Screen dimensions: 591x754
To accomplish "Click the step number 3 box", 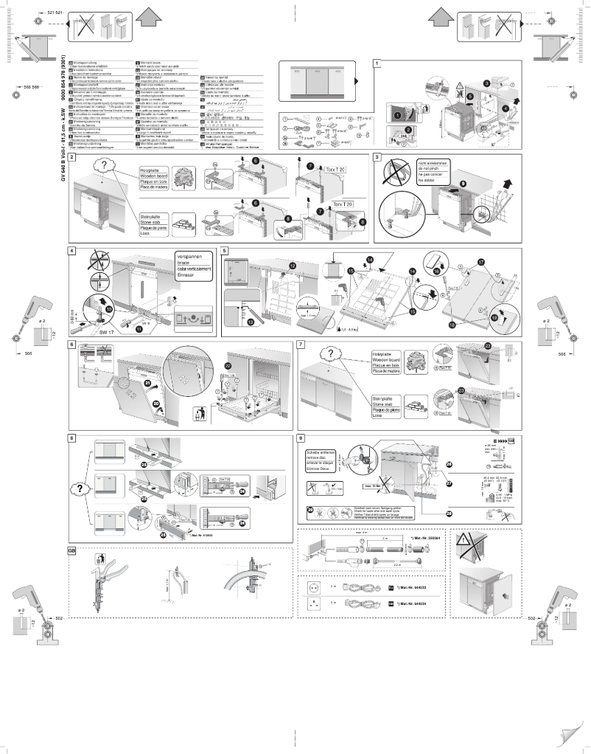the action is (x=377, y=157).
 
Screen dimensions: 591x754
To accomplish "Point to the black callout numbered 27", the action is (x=449, y=486).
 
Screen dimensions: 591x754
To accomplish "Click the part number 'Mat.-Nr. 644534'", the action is (x=410, y=603).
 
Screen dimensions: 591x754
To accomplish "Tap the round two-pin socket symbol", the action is (x=316, y=587).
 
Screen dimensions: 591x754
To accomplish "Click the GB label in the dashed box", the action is (x=72, y=551).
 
